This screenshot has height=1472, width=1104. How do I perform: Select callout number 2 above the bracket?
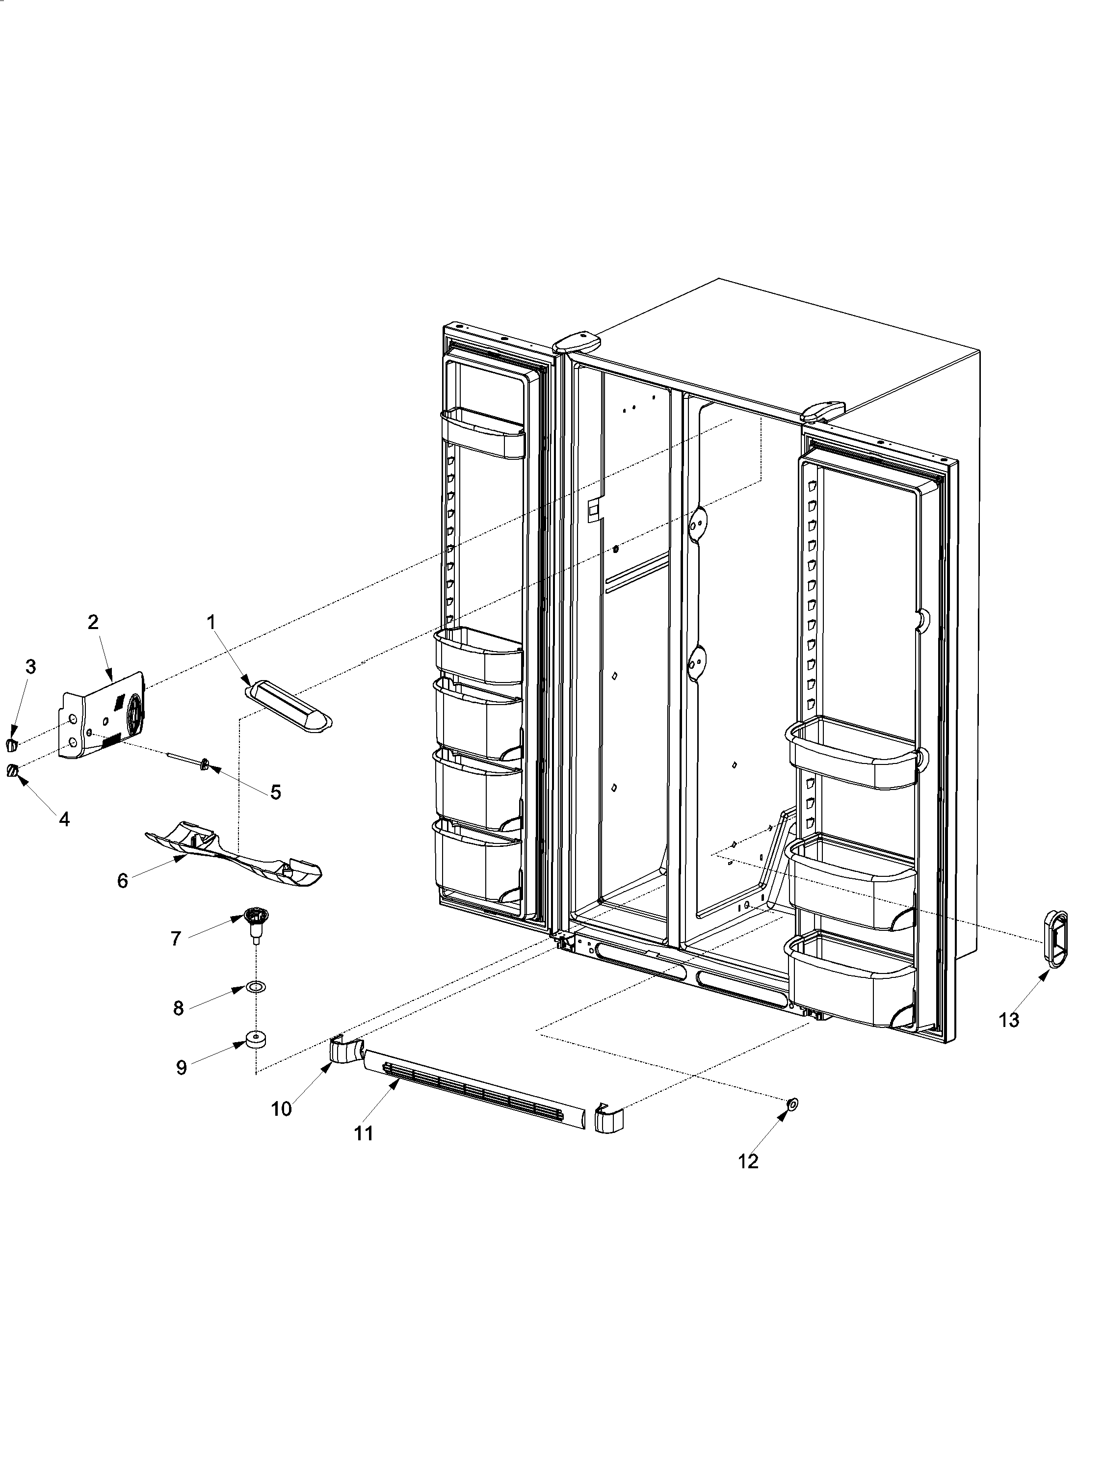point(93,622)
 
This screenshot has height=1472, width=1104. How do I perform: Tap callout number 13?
point(1008,1020)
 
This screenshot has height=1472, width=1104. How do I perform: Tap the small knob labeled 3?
point(11,743)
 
